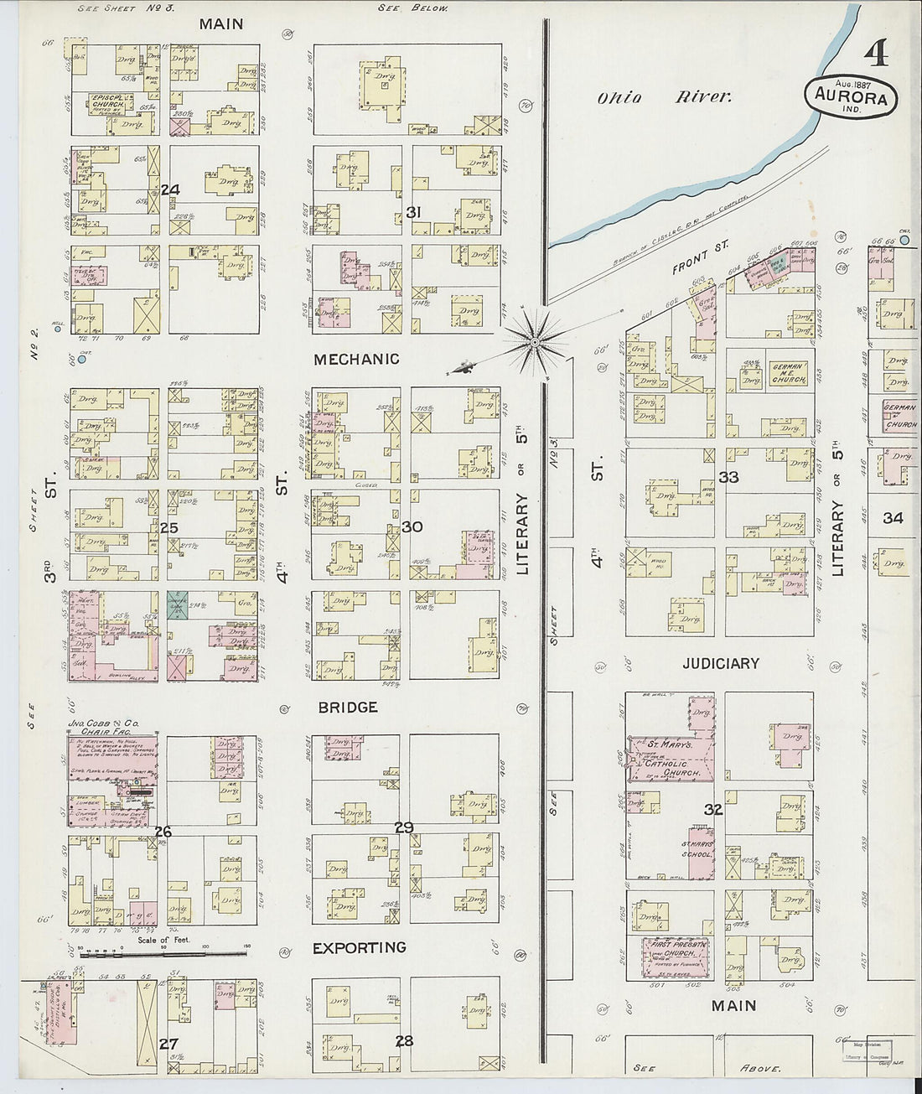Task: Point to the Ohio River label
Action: pyautogui.click(x=664, y=97)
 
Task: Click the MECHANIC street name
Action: pyautogui.click(x=356, y=359)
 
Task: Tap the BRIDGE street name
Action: pyautogui.click(x=347, y=707)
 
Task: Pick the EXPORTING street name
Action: pyautogui.click(x=359, y=947)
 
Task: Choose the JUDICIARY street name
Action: pyautogui.click(x=720, y=663)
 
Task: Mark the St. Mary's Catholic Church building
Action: pyautogui.click(x=671, y=757)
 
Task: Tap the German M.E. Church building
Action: pyautogui.click(x=788, y=373)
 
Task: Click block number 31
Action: pyautogui.click(x=412, y=213)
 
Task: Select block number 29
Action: pyautogui.click(x=404, y=827)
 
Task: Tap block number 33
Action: pyautogui.click(x=728, y=477)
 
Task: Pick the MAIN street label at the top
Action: pyautogui.click(x=221, y=23)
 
